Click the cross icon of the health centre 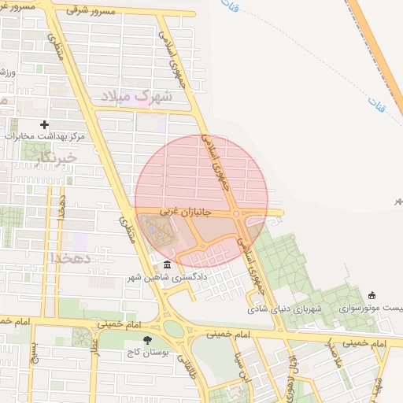44,124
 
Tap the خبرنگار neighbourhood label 57,158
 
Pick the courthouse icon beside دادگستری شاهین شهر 166,265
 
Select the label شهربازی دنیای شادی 295,308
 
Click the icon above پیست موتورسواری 372,295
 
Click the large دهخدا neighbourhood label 72,257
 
